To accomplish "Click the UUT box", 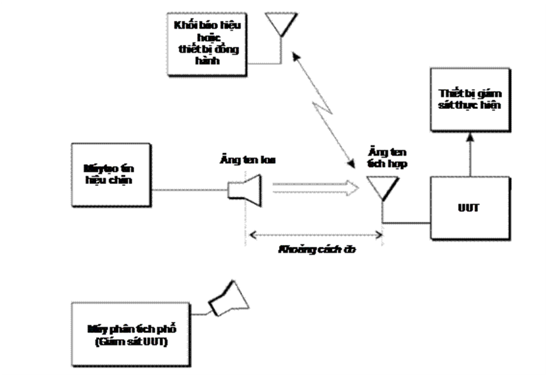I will point(470,208).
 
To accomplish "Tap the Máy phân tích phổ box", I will point(132,331).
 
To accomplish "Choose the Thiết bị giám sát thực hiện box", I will point(470,99).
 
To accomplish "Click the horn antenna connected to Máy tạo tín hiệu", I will point(245,188).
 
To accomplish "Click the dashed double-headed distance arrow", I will point(314,234).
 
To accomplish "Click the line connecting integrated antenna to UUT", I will point(407,222).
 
